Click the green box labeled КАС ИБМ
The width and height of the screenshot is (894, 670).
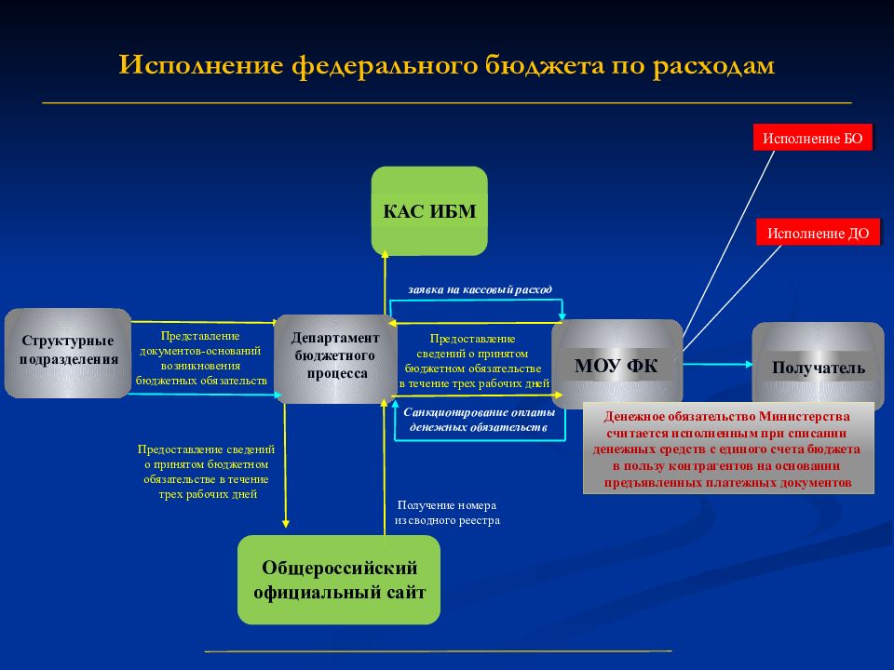point(429,211)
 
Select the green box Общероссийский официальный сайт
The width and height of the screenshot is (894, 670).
point(339,580)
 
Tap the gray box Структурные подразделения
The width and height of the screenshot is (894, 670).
point(68,353)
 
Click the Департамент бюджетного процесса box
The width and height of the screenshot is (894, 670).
point(335,358)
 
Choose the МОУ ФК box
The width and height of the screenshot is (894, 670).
point(616,364)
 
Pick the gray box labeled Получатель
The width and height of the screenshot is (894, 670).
point(819,365)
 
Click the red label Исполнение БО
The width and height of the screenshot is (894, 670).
point(812,138)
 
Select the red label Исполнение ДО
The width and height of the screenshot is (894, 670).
point(818,233)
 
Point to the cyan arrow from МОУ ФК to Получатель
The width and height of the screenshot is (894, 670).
point(718,364)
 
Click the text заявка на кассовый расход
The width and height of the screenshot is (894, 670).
point(481,289)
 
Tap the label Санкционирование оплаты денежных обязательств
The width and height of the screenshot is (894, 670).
point(479,420)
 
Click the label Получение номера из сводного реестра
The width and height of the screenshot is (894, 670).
point(447,512)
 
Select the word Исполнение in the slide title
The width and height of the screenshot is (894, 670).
point(201,65)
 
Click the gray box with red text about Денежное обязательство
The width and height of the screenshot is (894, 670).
point(728,449)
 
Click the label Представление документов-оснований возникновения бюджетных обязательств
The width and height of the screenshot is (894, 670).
point(201,357)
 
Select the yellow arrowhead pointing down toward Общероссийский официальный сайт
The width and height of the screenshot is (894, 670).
point(286,523)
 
